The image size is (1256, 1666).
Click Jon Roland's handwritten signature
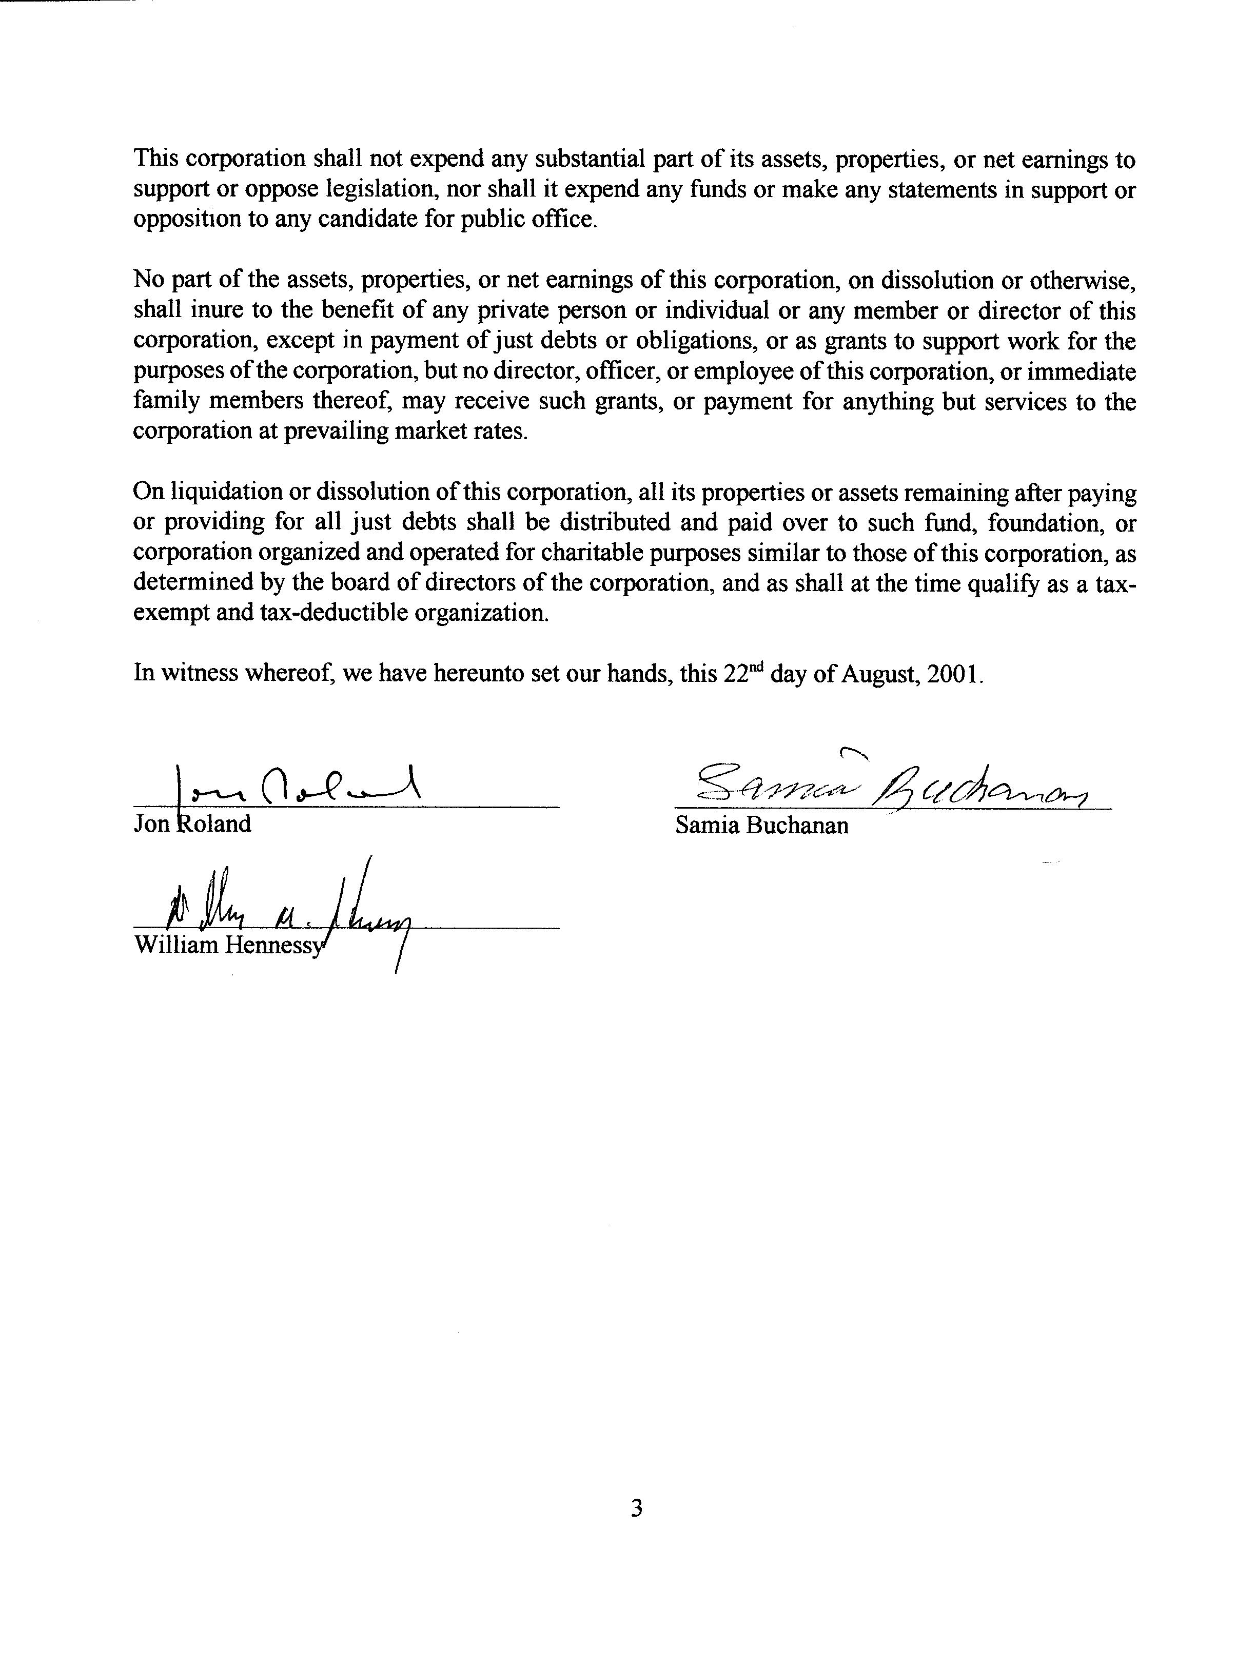(298, 788)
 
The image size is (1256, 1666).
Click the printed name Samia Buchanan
(761, 826)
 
